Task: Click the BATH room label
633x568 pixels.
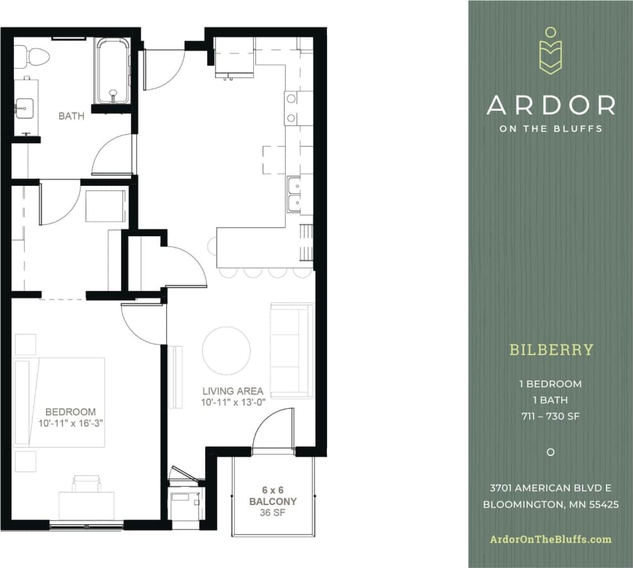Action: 71,116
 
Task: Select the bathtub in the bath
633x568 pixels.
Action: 113,71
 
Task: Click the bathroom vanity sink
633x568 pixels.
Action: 25,107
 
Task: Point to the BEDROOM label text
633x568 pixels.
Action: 70,412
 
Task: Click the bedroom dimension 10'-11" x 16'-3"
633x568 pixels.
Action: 70,423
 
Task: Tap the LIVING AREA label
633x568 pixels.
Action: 232,391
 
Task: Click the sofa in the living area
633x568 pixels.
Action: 292,350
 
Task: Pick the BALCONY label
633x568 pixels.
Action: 273,501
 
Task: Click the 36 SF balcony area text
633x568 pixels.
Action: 273,513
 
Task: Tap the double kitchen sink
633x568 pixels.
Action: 294,195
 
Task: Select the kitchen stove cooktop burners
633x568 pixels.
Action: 291,108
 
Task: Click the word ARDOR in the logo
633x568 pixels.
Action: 550,105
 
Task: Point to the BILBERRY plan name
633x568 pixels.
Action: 551,349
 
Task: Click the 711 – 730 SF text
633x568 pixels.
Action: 550,416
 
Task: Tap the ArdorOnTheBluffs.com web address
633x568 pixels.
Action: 550,539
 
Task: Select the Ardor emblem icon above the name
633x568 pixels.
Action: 550,52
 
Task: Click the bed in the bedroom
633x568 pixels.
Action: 60,402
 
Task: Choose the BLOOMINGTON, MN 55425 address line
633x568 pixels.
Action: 550,504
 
